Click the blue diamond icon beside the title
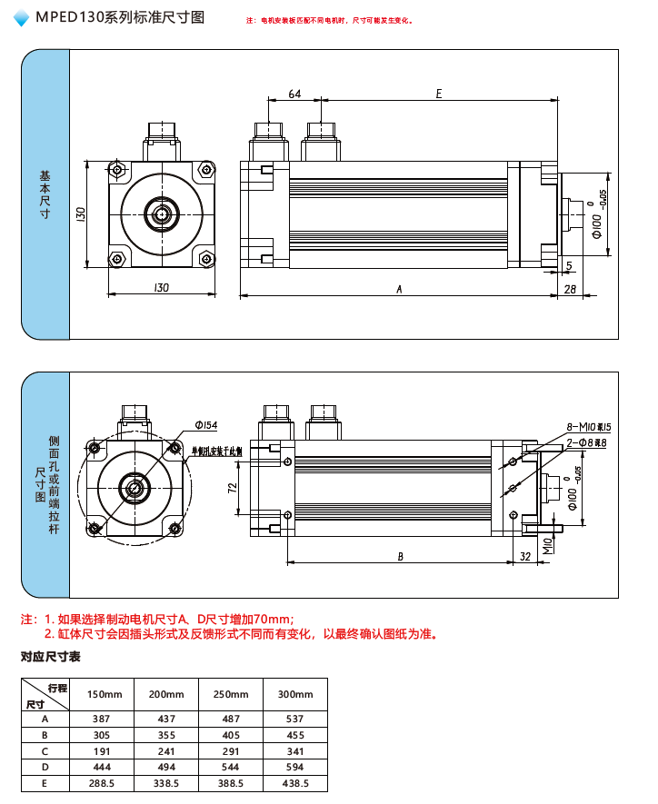[x=22, y=18]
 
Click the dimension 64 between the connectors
[x=295, y=94]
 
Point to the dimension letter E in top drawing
[x=439, y=94]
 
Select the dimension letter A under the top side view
[x=398, y=289]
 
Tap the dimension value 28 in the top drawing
[x=570, y=289]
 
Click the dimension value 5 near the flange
[x=569, y=264]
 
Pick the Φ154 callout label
[x=206, y=425]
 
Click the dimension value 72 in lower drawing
[x=232, y=489]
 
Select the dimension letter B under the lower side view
[x=400, y=556]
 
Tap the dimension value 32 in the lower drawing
[x=524, y=556]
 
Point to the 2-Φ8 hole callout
[x=587, y=442]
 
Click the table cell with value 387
[x=102, y=719]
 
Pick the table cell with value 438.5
[x=295, y=783]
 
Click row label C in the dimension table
[x=45, y=750]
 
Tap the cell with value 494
[x=166, y=767]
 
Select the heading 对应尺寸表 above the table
[x=51, y=657]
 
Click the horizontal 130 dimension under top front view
[x=162, y=287]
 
